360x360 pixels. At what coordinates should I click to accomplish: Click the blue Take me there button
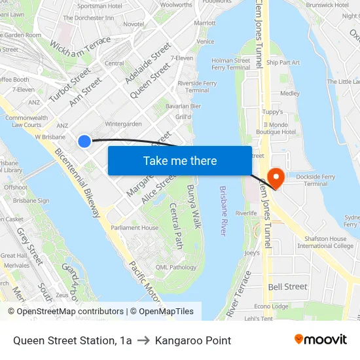pyautogui.click(x=180, y=161)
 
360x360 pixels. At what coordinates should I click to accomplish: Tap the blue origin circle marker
pyautogui.click(x=84, y=141)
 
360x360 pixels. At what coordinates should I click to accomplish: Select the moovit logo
pyautogui.click(x=321, y=340)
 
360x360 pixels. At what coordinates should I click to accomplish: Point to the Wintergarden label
pyautogui.click(x=123, y=124)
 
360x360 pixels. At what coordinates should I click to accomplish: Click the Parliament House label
pyautogui.click(x=134, y=228)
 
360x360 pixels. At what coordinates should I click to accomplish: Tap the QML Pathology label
pyautogui.click(x=175, y=267)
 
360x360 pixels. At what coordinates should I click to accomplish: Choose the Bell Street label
pyautogui.click(x=287, y=287)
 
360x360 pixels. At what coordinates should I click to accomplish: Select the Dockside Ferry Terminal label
pyautogui.click(x=316, y=180)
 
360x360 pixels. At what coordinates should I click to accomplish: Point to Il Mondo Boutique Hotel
pyautogui.click(x=279, y=128)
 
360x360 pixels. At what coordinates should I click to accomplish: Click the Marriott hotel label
pyautogui.click(x=205, y=23)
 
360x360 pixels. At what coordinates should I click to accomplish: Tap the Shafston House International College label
pyautogui.click(x=326, y=242)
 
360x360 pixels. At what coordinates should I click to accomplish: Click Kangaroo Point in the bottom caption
pyautogui.click(x=193, y=340)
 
